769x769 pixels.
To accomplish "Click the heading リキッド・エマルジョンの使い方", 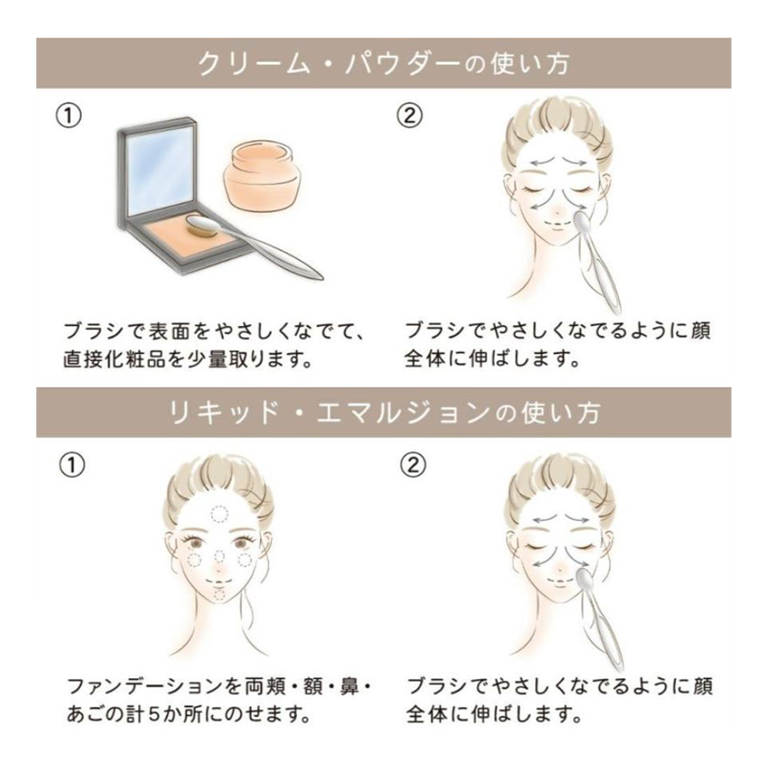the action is (x=384, y=413).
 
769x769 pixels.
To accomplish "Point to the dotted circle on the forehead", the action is (x=219, y=514).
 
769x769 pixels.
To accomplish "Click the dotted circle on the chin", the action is (x=219, y=595).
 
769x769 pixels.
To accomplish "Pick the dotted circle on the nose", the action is (x=220, y=556).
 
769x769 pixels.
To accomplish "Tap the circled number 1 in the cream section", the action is (x=68, y=116).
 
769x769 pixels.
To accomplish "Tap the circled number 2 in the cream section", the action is (x=409, y=116).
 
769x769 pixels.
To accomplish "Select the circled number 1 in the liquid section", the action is (x=72, y=465).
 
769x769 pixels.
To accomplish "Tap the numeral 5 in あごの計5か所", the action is (x=155, y=715).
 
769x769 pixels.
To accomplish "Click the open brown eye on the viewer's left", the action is (x=196, y=544).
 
